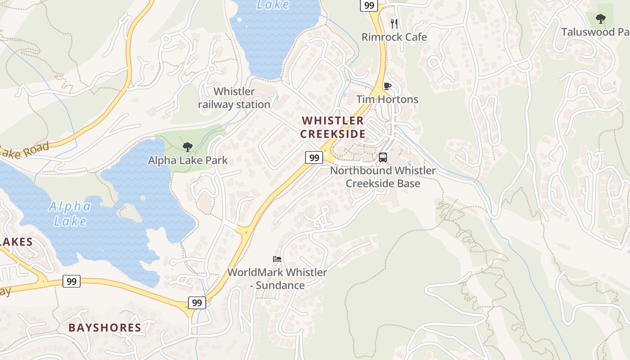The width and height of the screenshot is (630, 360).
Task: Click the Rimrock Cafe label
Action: (x=394, y=37)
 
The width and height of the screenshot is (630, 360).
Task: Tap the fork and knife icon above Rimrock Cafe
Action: (x=394, y=23)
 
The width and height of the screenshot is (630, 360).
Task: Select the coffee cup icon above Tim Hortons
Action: (x=387, y=86)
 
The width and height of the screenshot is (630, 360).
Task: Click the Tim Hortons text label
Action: (x=387, y=99)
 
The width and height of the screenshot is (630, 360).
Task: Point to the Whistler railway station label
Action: (x=234, y=98)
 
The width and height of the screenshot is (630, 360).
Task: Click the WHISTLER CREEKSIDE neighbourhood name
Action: (x=333, y=127)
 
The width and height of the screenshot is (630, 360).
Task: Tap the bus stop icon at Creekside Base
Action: (x=383, y=157)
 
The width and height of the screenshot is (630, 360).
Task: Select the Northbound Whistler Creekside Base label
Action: (x=383, y=177)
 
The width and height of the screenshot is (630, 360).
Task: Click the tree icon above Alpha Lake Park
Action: (x=188, y=147)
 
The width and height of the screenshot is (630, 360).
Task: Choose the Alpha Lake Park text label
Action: (x=188, y=160)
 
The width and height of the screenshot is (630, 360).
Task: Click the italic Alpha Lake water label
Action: (x=70, y=214)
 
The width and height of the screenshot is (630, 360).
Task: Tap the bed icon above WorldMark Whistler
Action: (x=277, y=259)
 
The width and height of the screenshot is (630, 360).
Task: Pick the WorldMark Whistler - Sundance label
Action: (x=277, y=279)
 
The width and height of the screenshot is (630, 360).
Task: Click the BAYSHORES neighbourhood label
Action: (x=105, y=328)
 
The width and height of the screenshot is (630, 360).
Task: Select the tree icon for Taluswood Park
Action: (x=600, y=18)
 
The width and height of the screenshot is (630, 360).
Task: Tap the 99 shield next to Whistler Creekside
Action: (x=314, y=157)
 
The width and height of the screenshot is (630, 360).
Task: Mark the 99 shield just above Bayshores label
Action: (x=197, y=303)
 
